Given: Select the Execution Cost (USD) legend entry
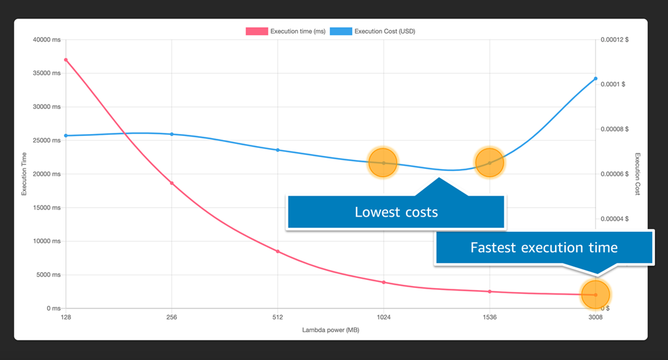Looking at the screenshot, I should pyautogui.click(x=373, y=31).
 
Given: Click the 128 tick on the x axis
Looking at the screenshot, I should pyautogui.click(x=65, y=318).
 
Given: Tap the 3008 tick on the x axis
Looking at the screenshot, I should pyautogui.click(x=595, y=318).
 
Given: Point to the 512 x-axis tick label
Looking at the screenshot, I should pyautogui.click(x=277, y=318).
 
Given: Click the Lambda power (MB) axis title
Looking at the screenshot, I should pyautogui.click(x=331, y=330).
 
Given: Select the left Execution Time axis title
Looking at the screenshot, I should pyautogui.click(x=24, y=174).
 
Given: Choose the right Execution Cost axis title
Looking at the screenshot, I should pyautogui.click(x=638, y=174).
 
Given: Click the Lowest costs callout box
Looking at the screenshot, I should pyautogui.click(x=395, y=212).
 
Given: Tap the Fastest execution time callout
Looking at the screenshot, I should pyautogui.click(x=543, y=248).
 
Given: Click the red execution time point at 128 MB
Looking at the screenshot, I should pyautogui.click(x=65, y=60).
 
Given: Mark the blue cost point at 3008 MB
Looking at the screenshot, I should pyautogui.click(x=595, y=79).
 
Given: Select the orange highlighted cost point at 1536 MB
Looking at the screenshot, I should pyautogui.click(x=489, y=162).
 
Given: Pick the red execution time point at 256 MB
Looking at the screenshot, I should pyautogui.click(x=172, y=183).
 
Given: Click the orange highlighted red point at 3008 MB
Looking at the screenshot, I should pyautogui.click(x=595, y=295).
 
